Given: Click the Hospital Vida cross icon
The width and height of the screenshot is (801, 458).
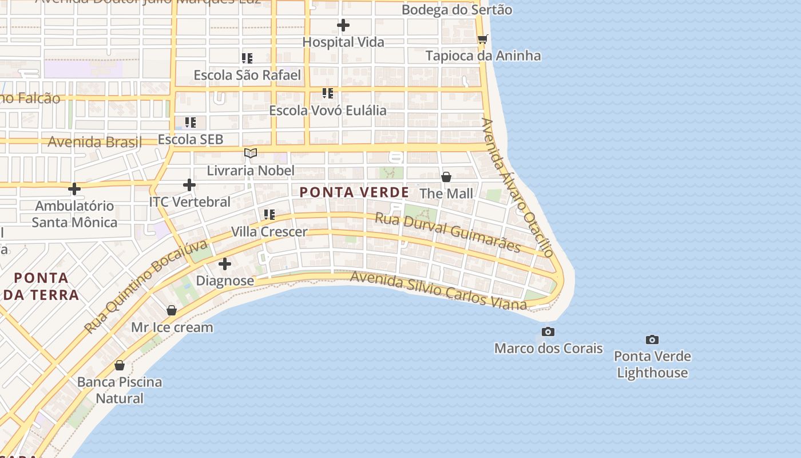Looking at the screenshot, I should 343,25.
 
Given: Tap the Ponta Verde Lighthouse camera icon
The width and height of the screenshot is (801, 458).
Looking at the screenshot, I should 652,340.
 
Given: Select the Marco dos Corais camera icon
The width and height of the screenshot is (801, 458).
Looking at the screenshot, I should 548,331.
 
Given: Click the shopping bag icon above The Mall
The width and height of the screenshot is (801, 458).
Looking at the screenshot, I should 446,177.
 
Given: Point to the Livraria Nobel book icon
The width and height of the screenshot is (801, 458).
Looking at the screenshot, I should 251,153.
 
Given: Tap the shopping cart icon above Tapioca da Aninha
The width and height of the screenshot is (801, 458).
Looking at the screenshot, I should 483,39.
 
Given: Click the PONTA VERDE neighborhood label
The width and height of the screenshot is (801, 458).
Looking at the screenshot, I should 355,192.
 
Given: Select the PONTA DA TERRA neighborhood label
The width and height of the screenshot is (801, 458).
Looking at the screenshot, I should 41,286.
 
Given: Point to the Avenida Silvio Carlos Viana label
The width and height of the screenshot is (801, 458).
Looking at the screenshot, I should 438,291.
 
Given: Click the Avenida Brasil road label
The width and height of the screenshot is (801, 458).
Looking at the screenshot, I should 94,141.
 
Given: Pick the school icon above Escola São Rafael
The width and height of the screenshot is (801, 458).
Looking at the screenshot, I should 247,58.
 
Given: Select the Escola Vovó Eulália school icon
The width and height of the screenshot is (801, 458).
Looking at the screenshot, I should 328,93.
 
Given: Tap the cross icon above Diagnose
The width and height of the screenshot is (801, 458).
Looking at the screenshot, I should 225,264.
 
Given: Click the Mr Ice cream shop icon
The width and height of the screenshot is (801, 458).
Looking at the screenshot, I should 172,310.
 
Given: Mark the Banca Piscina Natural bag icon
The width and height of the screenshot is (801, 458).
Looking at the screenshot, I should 120,365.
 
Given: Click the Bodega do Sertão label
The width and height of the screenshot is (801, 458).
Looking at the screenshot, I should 457,10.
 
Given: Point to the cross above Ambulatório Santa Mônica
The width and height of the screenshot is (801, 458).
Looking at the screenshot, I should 74,188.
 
